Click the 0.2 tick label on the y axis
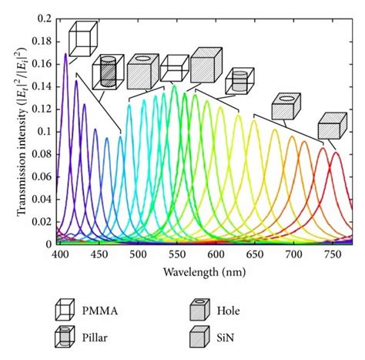coord(45,18)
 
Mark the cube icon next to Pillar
coord(65,336)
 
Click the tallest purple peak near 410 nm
coord(65,54)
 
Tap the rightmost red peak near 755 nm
coord(336,153)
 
